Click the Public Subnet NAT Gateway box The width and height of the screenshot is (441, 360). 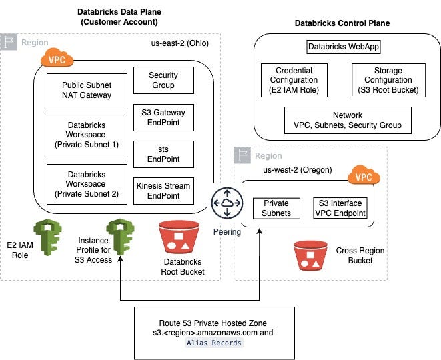[87, 90]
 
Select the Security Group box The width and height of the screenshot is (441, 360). [163, 81]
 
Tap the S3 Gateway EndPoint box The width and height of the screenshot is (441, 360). [163, 118]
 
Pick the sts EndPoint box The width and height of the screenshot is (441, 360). [163, 155]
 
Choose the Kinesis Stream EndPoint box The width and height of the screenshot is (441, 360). [163, 191]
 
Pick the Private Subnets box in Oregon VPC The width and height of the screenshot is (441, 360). [276, 209]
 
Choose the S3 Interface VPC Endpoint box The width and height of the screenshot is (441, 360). [340, 209]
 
